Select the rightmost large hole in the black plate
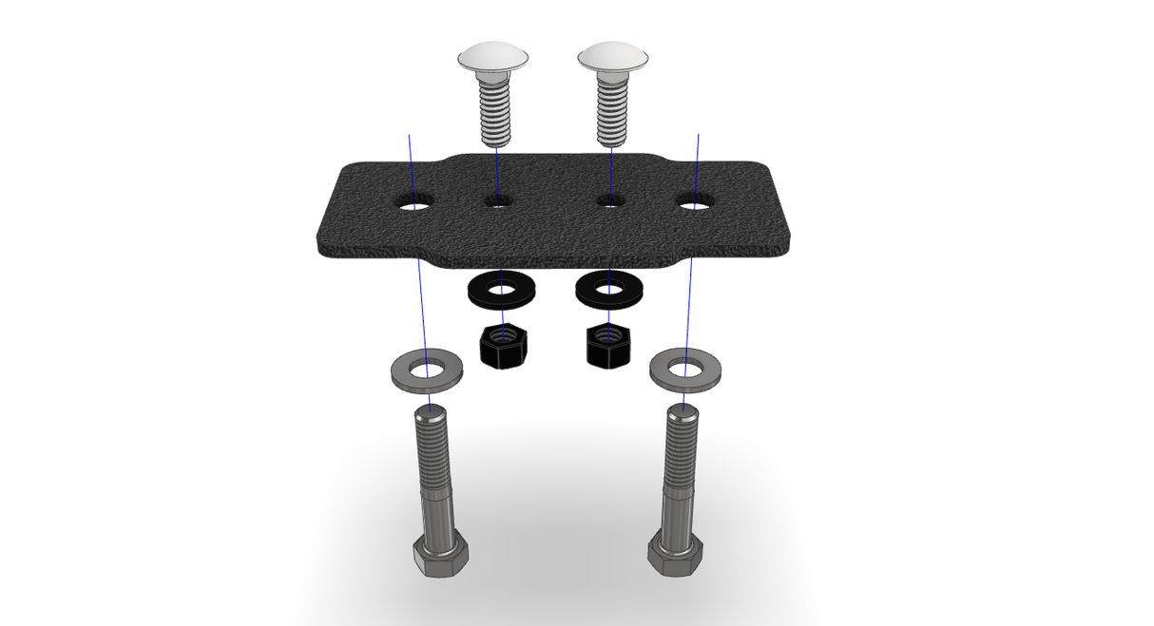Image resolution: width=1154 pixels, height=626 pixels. [x=695, y=202]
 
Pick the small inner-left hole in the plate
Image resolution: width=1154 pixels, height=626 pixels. [x=498, y=201]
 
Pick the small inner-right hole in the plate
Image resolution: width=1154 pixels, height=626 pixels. [x=610, y=201]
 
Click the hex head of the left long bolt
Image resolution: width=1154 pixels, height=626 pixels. [x=440, y=556]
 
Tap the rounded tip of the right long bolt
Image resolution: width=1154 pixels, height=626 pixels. [x=683, y=411]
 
